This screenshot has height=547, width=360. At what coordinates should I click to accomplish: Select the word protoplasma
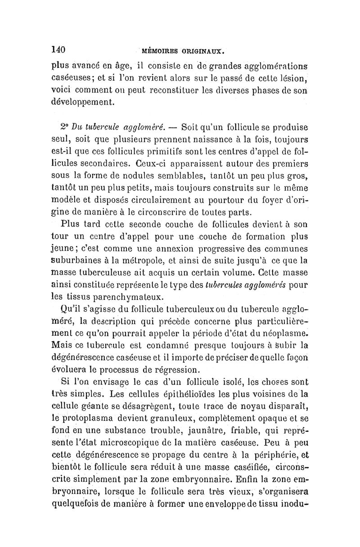click(85, 420)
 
